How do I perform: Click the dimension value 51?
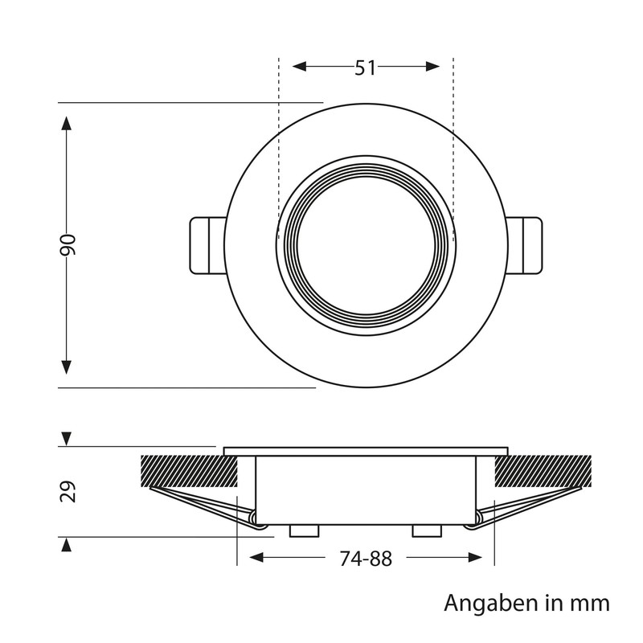coord(366,68)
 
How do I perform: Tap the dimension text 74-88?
coord(365,559)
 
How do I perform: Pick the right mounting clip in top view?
coord(526,244)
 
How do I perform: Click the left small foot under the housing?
coord(303,530)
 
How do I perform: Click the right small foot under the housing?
coord(426,530)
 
